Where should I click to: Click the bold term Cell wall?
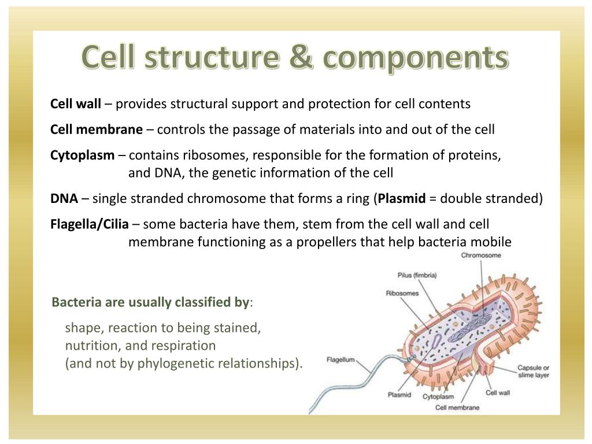coord(76,104)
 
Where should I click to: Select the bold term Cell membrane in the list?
coord(97,129)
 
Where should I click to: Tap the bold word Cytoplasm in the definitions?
coord(83,155)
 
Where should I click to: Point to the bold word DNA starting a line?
coord(64,199)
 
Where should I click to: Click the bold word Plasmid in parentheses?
coord(402,199)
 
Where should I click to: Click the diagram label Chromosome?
coord(481,256)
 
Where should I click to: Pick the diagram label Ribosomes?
coord(402,293)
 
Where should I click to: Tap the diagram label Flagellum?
coord(340,359)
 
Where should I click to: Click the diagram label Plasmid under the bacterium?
coord(399,395)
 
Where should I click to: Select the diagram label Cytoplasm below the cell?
coord(438,397)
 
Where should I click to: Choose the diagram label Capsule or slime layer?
coord(533,371)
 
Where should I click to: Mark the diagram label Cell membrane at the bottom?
coord(457,408)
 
